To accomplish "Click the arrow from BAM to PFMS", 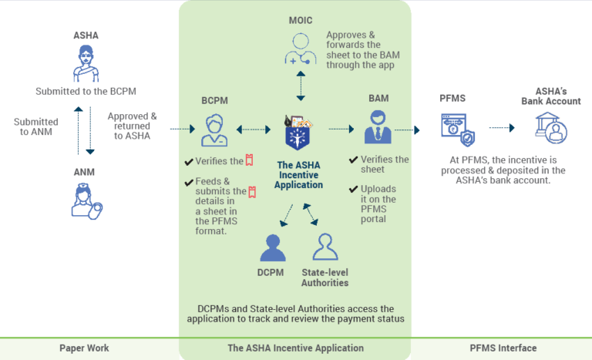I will tap(406, 130).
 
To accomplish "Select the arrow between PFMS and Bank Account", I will tap(501, 128).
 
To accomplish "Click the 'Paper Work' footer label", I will tap(84, 348).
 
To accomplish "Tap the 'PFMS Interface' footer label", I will tap(503, 348).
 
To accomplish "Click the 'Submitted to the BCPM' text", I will tap(86, 92).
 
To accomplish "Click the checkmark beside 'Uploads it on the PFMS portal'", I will tap(354, 188).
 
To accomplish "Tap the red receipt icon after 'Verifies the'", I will tap(250, 161).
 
